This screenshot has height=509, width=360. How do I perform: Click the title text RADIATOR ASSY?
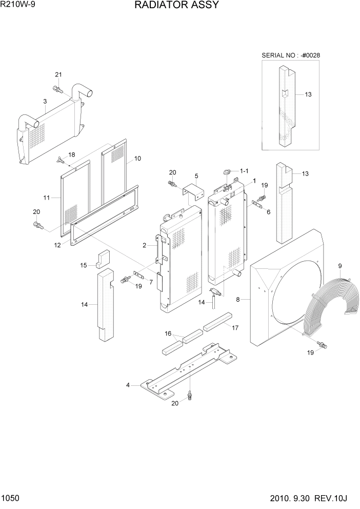click(177, 6)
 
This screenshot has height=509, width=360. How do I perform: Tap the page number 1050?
click(11, 498)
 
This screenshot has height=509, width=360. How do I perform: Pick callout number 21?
click(58, 75)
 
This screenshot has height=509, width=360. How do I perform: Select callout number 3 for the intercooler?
click(45, 102)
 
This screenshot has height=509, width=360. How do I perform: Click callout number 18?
click(71, 154)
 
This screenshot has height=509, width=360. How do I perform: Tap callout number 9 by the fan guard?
click(339, 265)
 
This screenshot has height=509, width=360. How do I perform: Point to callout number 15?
click(83, 265)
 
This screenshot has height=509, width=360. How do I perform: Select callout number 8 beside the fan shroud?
click(237, 299)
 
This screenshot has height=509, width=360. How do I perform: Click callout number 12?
click(58, 245)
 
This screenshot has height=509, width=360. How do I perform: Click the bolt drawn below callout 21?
click(58, 91)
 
